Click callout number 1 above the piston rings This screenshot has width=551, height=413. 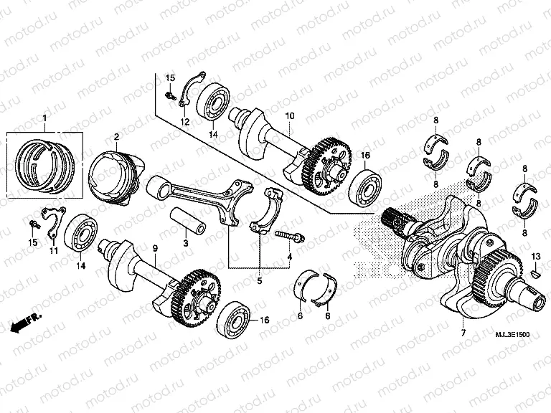click(44, 118)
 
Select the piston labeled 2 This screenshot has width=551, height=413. click(112, 176)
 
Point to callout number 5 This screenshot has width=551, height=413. click(260, 281)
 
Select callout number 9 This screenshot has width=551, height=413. click(154, 247)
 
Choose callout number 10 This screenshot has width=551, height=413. click(291, 115)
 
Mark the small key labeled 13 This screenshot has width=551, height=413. click(535, 273)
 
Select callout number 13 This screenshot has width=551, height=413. click(534, 256)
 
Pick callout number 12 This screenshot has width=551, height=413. click(185, 123)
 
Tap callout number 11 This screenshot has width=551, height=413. click(53, 251)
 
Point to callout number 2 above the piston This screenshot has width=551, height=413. click(116, 136)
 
